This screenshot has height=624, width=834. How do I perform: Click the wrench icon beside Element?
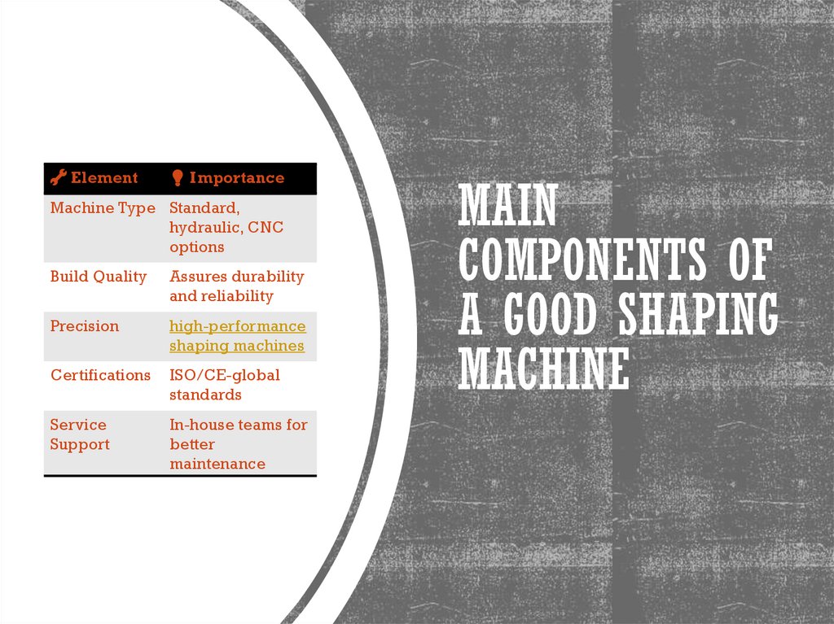[x=59, y=177]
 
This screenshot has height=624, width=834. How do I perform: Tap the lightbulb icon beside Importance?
[x=177, y=178]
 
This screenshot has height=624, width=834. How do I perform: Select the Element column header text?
[x=104, y=177]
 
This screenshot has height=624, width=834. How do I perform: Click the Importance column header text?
[x=236, y=177]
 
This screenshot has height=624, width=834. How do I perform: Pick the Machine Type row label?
[x=102, y=208]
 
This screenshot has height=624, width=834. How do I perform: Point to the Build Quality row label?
[x=98, y=277]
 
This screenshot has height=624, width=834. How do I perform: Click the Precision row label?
[x=84, y=326]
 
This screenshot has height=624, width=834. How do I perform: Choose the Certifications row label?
[x=100, y=375]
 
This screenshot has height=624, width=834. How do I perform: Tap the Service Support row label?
[x=79, y=434]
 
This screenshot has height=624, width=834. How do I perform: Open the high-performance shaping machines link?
[x=237, y=336]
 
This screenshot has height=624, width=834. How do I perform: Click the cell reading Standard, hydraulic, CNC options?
[x=226, y=227]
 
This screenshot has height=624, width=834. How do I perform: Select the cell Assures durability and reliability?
[x=236, y=286]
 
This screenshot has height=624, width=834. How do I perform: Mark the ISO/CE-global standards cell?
[x=224, y=385]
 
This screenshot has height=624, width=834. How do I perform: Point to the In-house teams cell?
[x=238, y=444]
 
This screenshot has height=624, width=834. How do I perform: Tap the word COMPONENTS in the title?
[x=582, y=260]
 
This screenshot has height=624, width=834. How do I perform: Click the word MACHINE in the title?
[x=543, y=369]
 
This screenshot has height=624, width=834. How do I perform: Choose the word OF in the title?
[x=747, y=260]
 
